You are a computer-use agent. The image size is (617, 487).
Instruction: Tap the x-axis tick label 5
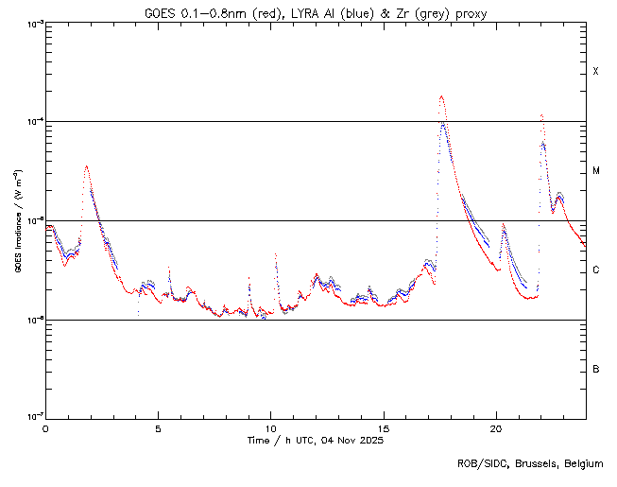[x=159, y=428]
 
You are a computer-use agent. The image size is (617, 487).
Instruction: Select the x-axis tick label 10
[x=271, y=428]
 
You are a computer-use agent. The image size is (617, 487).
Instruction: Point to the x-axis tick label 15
[x=384, y=428]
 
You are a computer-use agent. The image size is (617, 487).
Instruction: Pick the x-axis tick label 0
[x=45, y=428]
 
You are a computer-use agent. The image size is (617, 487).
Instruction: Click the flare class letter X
[x=595, y=72]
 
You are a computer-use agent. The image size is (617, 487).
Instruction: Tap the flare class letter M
[x=595, y=171]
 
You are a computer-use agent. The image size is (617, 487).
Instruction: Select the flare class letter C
[x=595, y=270]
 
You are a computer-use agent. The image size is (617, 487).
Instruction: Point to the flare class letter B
[x=595, y=369]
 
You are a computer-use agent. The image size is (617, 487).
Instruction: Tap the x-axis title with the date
[x=315, y=442]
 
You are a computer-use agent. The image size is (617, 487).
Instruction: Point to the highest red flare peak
[x=441, y=96]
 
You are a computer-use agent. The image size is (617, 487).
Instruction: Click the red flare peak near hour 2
[x=87, y=166]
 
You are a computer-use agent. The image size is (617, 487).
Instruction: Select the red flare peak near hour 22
[x=541, y=115]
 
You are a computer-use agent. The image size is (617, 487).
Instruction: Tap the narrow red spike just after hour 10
[x=275, y=254]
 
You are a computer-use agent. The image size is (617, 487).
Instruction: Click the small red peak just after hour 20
[x=504, y=225]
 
